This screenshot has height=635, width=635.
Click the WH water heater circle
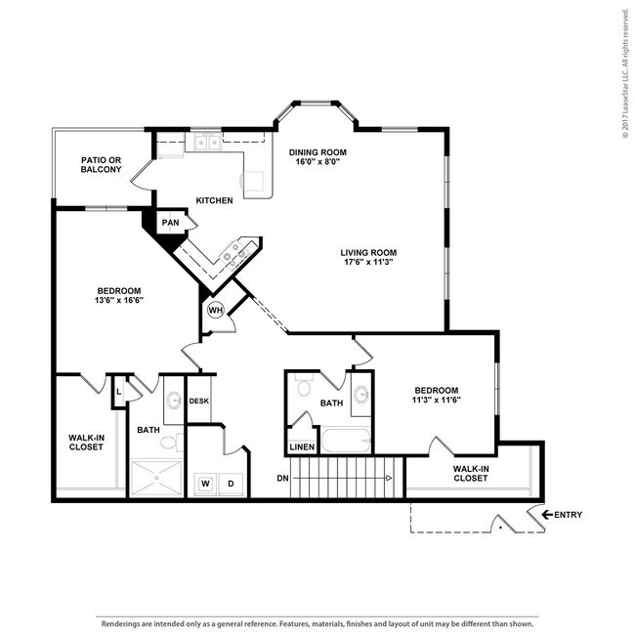coord(216,312)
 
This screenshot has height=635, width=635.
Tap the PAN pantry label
coord(170,222)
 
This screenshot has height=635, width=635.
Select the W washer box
coord(206,483)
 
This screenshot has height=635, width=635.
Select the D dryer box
coord(232,483)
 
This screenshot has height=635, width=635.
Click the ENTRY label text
coord(569,514)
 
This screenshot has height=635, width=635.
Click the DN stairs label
coord(282,478)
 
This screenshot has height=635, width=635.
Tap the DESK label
coord(198,402)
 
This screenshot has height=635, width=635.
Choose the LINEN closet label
coord(302,447)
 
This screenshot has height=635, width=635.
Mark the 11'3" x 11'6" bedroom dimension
coord(436,399)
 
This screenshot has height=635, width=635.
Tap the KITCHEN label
coord(214,200)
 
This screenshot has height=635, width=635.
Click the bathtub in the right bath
coord(346,441)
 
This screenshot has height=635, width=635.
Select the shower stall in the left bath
coord(155,477)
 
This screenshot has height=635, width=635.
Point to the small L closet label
coord(118,391)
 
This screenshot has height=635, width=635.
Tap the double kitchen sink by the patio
coord(206,143)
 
